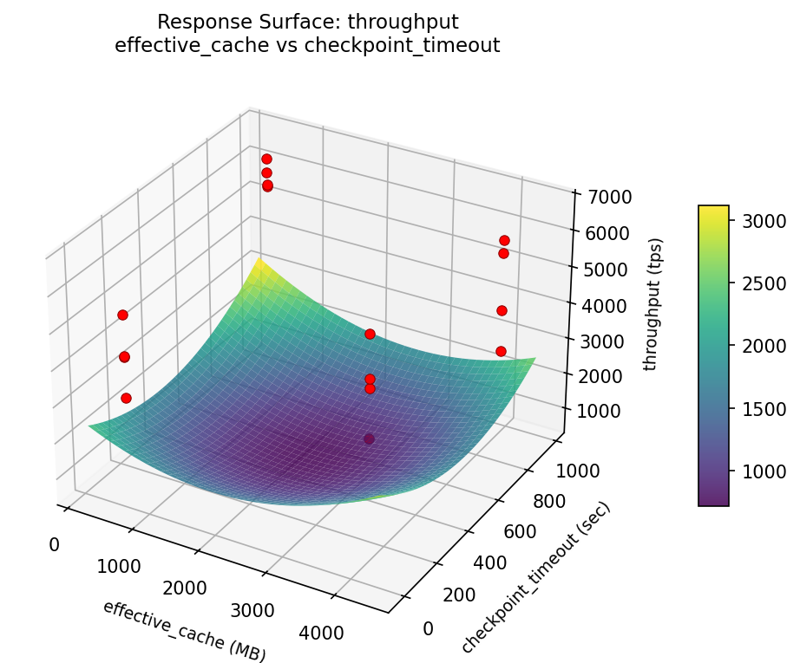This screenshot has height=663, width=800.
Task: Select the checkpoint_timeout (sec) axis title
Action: coord(535,578)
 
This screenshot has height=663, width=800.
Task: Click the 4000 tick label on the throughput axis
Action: coord(596,305)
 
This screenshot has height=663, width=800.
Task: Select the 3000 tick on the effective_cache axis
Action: coord(254,610)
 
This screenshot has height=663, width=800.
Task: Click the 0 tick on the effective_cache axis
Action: coord(54,545)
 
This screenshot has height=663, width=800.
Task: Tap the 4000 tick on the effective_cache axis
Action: coord(322,633)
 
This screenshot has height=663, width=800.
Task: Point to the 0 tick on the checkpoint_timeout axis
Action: coord(428,628)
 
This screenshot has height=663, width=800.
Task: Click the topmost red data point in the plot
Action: coord(266,159)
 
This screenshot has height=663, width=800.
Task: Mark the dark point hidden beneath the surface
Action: coord(370,439)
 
